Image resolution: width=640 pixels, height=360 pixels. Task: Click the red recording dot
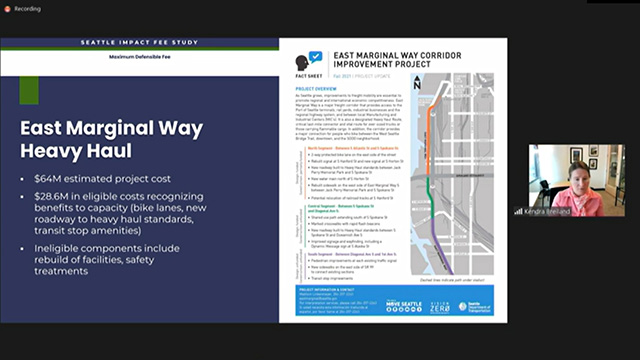coord(7,7)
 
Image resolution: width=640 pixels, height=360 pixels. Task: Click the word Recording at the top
coord(28,7)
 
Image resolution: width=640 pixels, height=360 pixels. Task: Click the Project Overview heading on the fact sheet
coord(317,87)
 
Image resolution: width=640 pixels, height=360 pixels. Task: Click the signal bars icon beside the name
coord(519,211)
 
